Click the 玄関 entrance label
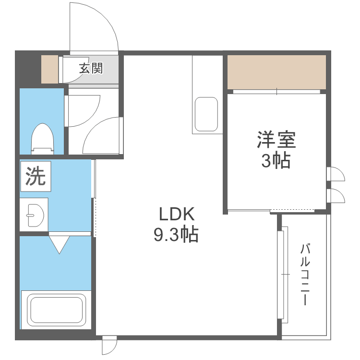coord(91,68)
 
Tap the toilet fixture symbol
coord(42,138)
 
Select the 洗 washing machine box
coord(35,176)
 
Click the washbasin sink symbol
coord(35,214)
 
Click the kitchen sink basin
coord(206,114)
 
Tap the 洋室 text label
coord(276,140)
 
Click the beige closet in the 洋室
coord(276,72)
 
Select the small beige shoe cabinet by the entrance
coord(49,69)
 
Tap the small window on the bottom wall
coord(109,345)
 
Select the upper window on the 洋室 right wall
coord(335,174)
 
